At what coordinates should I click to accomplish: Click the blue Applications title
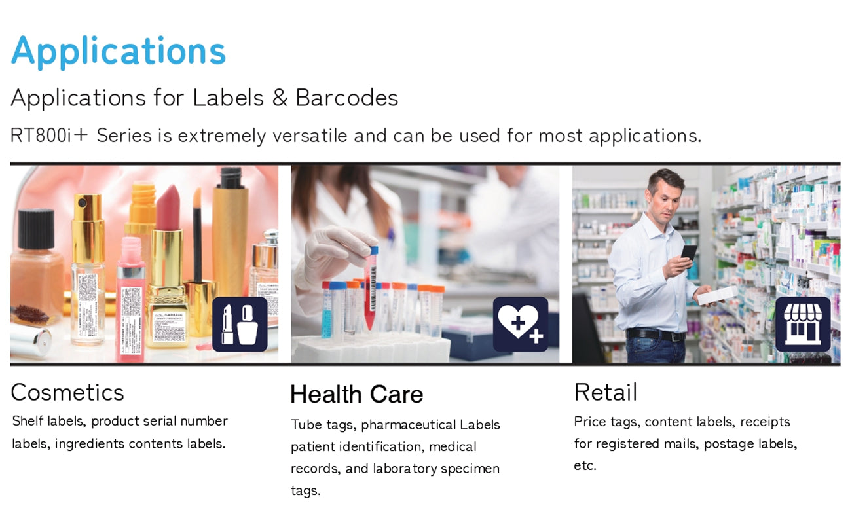(119, 52)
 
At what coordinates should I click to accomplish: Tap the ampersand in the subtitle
(280, 98)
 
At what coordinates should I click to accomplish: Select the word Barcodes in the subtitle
(347, 98)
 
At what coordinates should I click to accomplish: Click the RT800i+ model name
(49, 135)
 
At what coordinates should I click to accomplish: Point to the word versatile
(310, 136)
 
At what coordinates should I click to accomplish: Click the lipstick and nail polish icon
(240, 325)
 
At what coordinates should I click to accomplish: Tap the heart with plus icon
(521, 325)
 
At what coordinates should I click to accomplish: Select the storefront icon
(803, 325)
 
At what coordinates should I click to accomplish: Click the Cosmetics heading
(67, 392)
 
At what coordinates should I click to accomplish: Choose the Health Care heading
(357, 394)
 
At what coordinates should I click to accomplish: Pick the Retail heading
(606, 392)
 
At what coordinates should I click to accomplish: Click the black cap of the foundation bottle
(36, 228)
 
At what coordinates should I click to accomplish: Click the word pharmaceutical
(409, 425)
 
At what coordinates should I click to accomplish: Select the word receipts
(765, 422)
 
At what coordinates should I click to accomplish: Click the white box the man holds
(718, 295)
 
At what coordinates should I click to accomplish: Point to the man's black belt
(656, 335)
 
